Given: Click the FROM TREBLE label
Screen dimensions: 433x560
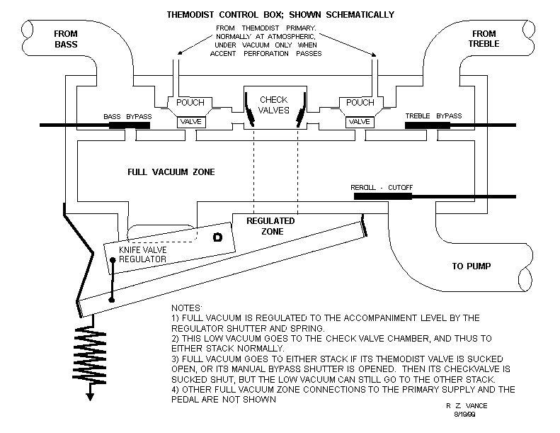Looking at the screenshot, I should pyautogui.click(x=485, y=38).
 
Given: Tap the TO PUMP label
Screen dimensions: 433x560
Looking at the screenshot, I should pyautogui.click(x=472, y=266).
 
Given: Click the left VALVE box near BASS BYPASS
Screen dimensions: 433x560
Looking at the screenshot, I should pyautogui.click(x=191, y=122).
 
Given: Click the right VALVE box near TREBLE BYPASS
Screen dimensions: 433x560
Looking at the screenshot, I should pyautogui.click(x=360, y=122).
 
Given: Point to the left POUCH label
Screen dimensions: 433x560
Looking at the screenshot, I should pyautogui.click(x=190, y=103).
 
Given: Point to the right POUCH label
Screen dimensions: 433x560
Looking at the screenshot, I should pyautogui.click(x=360, y=103).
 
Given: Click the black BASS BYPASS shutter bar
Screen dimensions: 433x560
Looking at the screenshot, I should pyautogui.click(x=129, y=125).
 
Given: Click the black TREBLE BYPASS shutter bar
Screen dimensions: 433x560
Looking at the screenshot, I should pyautogui.click(x=427, y=125).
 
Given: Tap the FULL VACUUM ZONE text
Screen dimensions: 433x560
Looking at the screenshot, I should pyautogui.click(x=171, y=172).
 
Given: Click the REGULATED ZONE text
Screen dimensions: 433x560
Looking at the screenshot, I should pyautogui.click(x=270, y=226).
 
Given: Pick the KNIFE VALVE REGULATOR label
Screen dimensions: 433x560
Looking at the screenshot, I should pyautogui.click(x=142, y=254).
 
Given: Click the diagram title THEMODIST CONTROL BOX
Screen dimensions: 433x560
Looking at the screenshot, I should pyautogui.click(x=280, y=14).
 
